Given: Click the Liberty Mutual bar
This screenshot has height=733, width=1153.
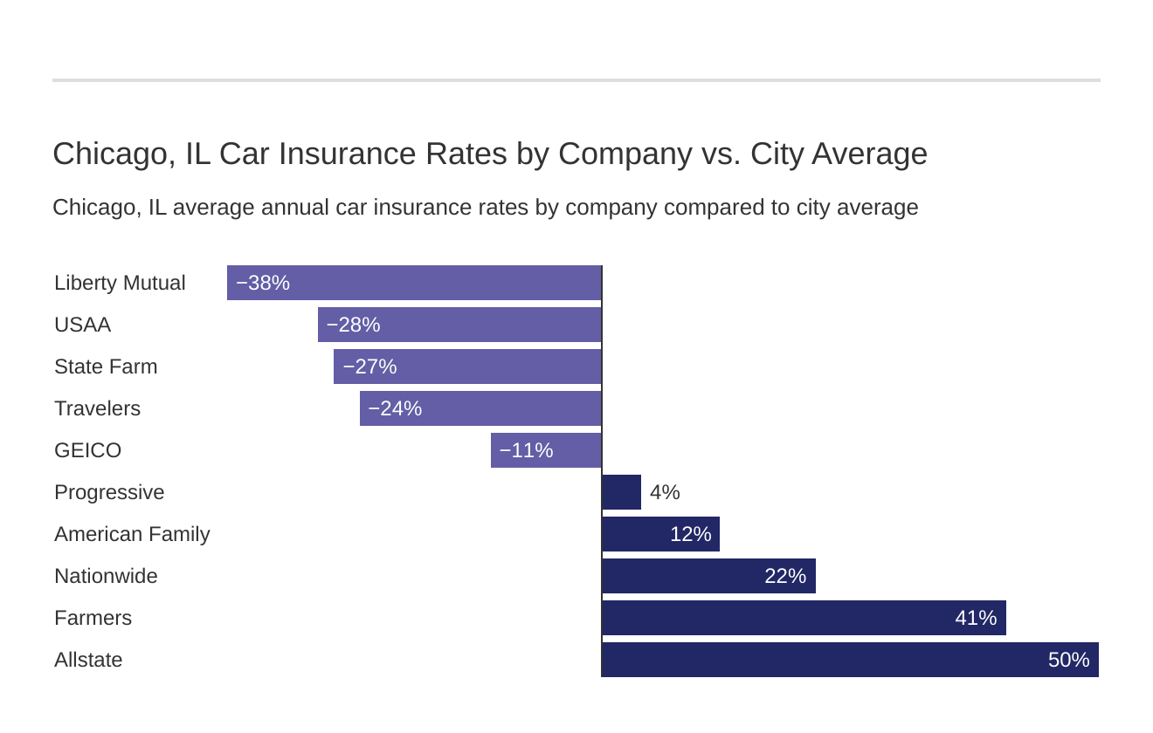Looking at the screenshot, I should click(x=414, y=283).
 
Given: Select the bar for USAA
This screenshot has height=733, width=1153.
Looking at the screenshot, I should click(x=459, y=325).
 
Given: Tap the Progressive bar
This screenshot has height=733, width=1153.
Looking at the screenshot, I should click(x=621, y=492).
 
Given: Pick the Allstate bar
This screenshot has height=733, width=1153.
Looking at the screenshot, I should click(x=850, y=660).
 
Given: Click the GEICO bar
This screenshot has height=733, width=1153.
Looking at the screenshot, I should click(x=546, y=450).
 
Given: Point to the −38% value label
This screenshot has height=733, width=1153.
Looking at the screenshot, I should click(x=262, y=283).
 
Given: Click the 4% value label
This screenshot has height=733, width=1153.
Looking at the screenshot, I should click(x=665, y=492).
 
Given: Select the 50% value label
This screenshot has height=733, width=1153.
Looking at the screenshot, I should click(x=1068, y=660).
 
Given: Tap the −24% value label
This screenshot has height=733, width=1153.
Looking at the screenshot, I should click(x=395, y=408).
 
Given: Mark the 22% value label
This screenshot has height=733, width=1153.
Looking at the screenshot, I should click(x=784, y=576).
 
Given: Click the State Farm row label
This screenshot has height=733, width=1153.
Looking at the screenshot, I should click(x=106, y=366).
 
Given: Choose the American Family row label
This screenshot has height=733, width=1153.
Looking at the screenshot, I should click(x=132, y=534).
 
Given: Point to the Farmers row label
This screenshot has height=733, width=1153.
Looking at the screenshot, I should click(x=93, y=618).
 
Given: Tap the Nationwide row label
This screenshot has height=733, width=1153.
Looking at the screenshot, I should click(x=106, y=576).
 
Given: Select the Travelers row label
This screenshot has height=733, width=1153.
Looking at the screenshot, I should click(x=97, y=408).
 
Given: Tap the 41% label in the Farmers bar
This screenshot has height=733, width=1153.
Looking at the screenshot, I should click(x=975, y=618).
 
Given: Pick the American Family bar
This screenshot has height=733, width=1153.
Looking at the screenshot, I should click(x=660, y=534).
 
